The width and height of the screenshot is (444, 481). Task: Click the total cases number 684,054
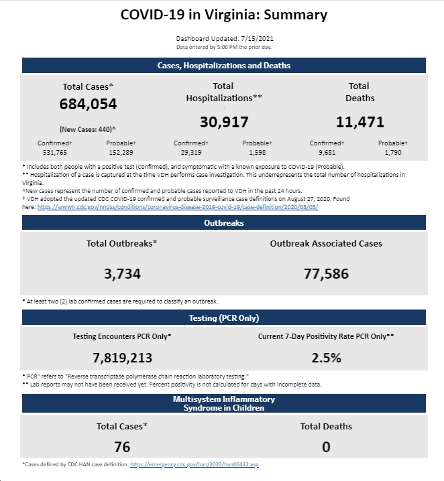click(x=88, y=104)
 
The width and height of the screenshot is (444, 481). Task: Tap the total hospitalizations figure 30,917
click(x=224, y=122)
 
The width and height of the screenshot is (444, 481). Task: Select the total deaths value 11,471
click(x=360, y=122)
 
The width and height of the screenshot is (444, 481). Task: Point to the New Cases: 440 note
click(x=87, y=129)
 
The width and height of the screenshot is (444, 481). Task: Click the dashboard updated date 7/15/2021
click(x=258, y=39)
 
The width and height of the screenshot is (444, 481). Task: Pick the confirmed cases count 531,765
click(x=54, y=153)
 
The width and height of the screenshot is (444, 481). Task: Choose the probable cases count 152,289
click(x=121, y=153)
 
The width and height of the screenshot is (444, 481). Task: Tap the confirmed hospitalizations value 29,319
click(x=191, y=153)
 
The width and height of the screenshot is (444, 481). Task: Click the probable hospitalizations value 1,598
click(x=258, y=153)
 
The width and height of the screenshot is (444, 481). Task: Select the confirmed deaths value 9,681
click(x=327, y=153)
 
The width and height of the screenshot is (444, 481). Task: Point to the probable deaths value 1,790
click(x=393, y=153)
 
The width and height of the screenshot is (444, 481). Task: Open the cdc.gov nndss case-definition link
click(x=178, y=207)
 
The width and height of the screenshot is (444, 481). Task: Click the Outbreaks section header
click(x=224, y=222)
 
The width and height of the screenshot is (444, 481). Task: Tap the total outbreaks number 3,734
click(x=122, y=273)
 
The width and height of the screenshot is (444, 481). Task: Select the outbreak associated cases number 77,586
click(x=326, y=273)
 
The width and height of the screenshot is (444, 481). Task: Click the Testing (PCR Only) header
click(x=224, y=318)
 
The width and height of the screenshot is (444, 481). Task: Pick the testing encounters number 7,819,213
click(x=122, y=358)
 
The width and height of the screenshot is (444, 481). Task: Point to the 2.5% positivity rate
click(x=326, y=358)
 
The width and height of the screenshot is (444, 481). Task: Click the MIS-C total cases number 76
click(x=122, y=447)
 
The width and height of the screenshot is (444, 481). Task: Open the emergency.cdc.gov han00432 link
click(x=195, y=464)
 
